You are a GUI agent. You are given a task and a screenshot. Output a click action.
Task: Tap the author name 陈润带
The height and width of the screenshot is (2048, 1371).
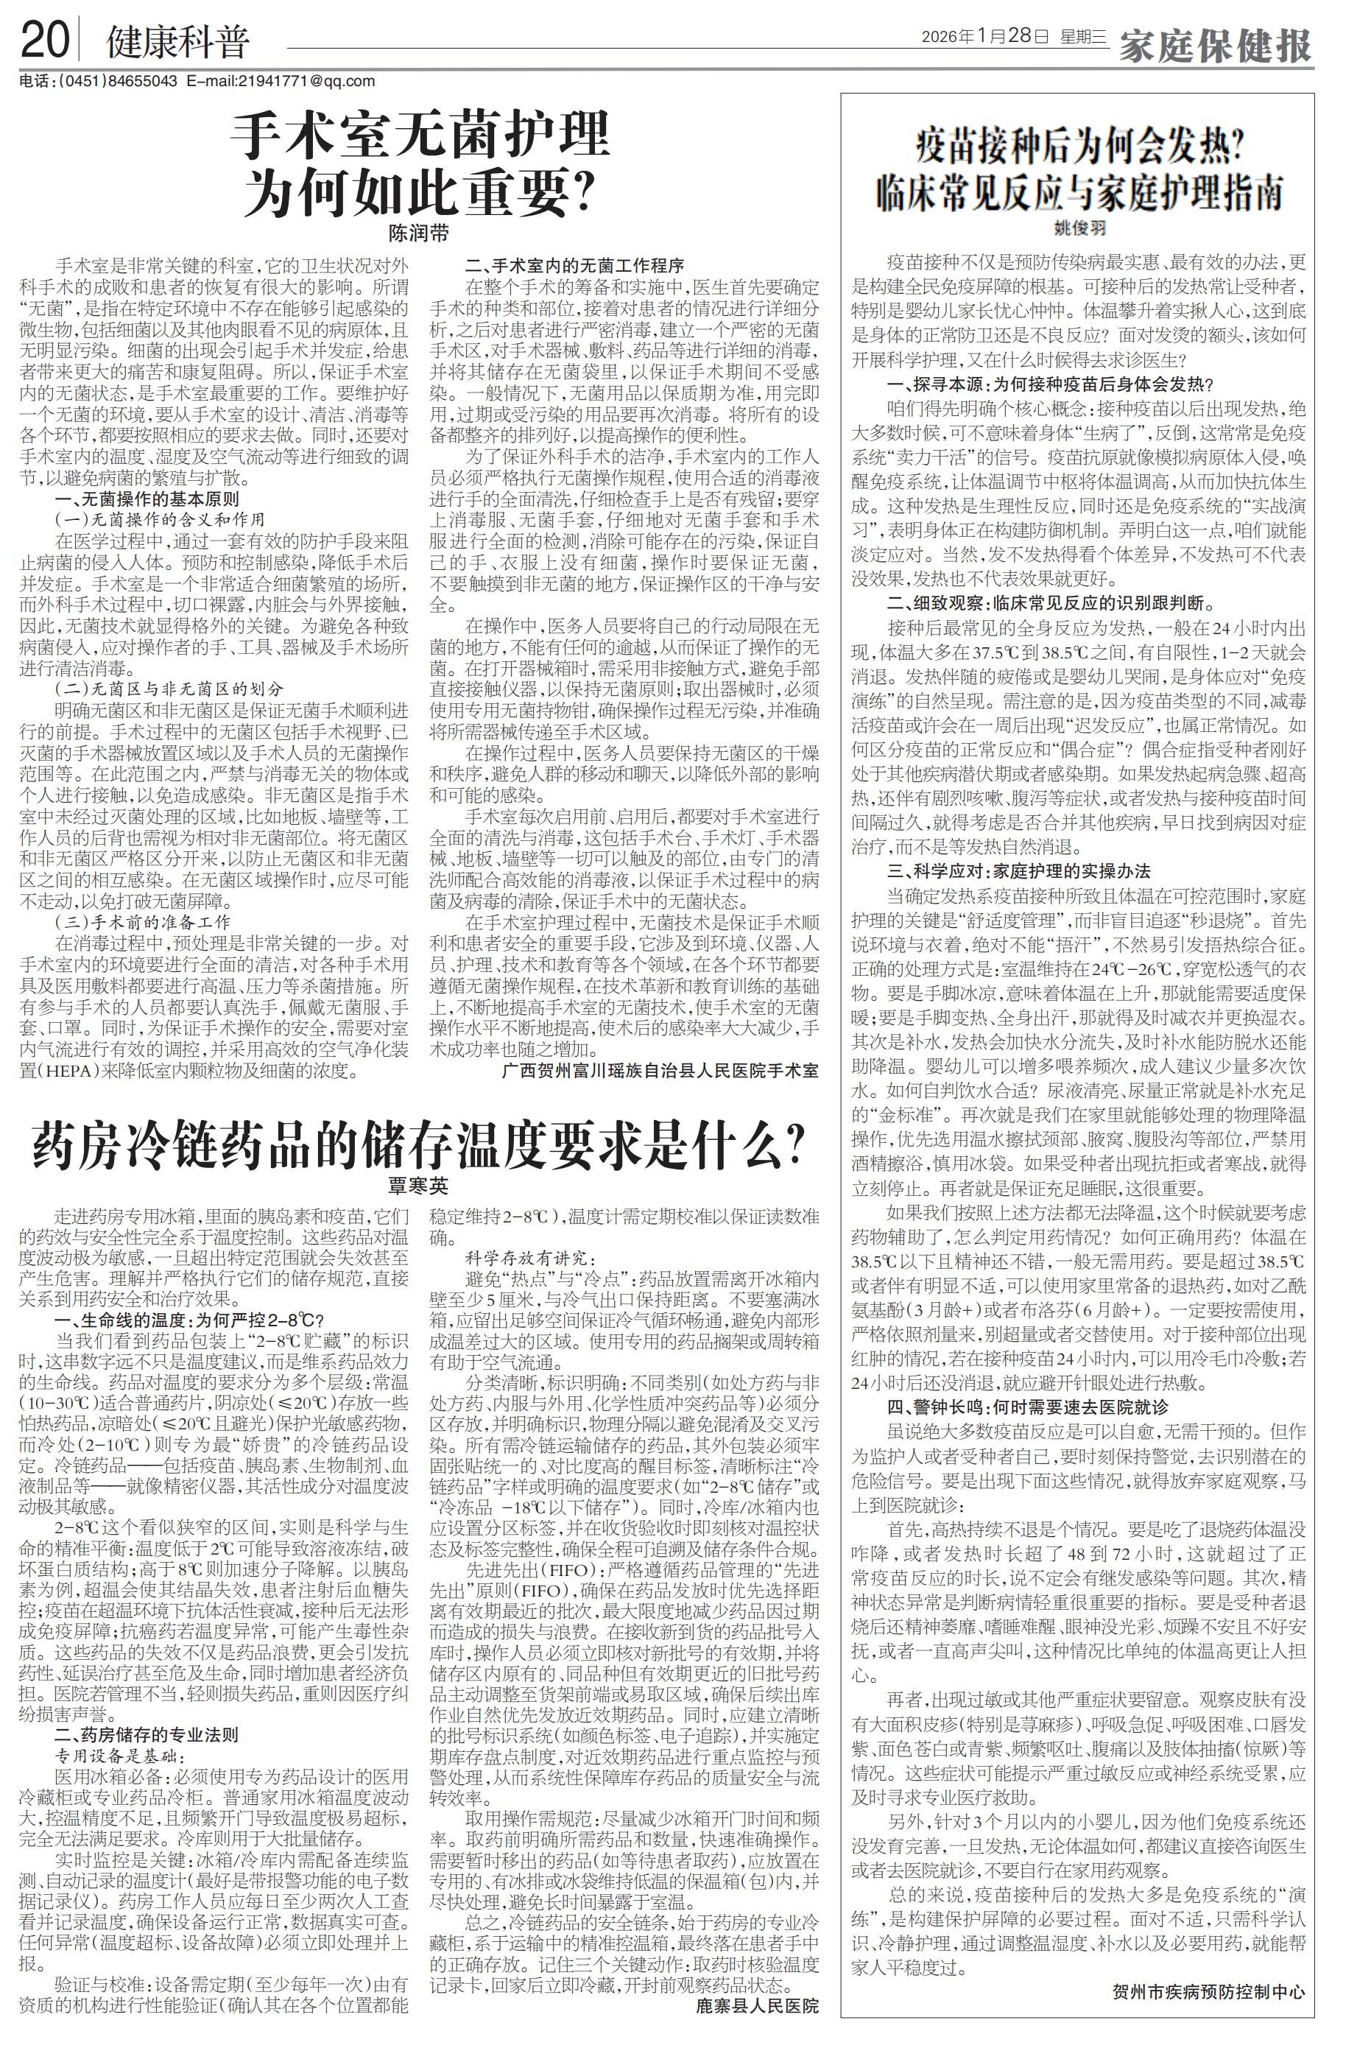click(419, 234)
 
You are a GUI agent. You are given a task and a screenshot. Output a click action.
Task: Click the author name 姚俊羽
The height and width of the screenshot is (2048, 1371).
click(1079, 228)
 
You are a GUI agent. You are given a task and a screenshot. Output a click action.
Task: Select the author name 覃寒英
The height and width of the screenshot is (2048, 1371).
click(419, 1186)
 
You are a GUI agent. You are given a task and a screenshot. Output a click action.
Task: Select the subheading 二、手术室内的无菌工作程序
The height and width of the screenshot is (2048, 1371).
click(574, 265)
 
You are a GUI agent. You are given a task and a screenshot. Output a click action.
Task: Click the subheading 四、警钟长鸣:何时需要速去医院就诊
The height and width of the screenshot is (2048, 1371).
click(1027, 1407)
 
